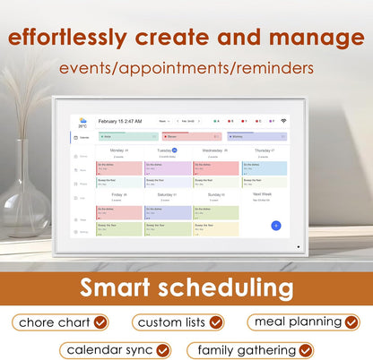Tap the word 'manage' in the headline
tap(310, 39)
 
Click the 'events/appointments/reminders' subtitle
tap(187, 69)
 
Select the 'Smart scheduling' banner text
tap(186, 287)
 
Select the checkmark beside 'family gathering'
tap(306, 350)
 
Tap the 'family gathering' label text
tap(246, 350)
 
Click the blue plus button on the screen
tap(276, 226)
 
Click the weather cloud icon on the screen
tap(82, 120)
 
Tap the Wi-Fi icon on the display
tap(283, 120)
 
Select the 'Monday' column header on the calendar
tap(116, 150)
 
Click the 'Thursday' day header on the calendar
tap(261, 150)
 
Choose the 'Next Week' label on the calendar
tap(262, 193)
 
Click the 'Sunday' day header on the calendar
tap(213, 193)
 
